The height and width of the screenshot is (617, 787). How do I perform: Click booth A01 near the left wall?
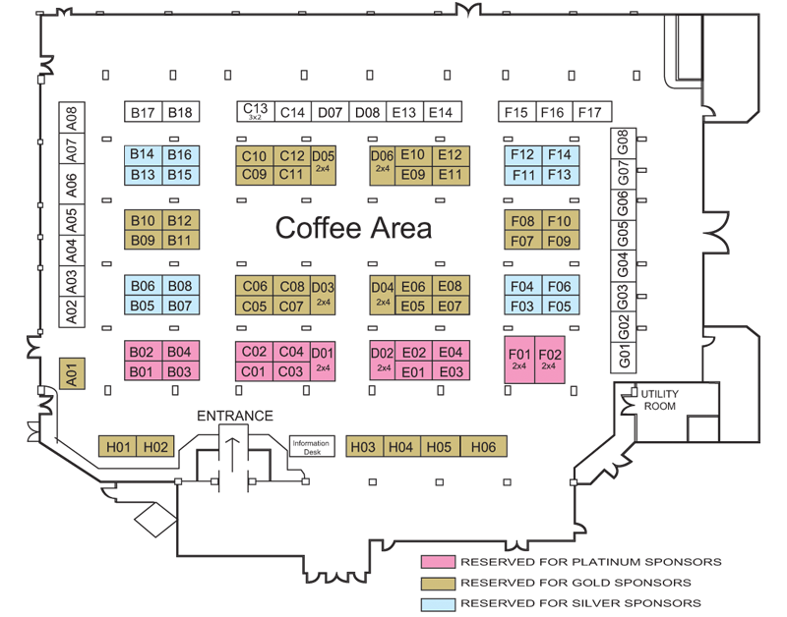pyautogui.click(x=72, y=373)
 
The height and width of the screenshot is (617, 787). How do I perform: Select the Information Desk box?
pyautogui.click(x=312, y=446)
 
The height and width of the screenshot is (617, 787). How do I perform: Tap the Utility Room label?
pyautogui.click(x=659, y=400)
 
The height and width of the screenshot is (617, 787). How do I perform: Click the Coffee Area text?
pyautogui.click(x=353, y=228)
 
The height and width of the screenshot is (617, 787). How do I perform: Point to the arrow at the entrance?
pyautogui.click(x=232, y=454)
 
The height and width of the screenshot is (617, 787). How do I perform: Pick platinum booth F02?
pyautogui.click(x=550, y=360)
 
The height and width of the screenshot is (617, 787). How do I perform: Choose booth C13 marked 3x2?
pyautogui.click(x=256, y=111)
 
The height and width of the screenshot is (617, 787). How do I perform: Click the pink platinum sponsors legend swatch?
pyautogui.click(x=438, y=562)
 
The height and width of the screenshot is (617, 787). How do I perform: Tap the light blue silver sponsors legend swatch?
pyautogui.click(x=438, y=603)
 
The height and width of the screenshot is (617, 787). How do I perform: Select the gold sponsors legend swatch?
pyautogui.click(x=438, y=583)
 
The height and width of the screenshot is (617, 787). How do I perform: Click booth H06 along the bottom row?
pyautogui.click(x=483, y=447)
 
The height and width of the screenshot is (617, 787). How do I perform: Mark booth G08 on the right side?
pyautogui.click(x=623, y=142)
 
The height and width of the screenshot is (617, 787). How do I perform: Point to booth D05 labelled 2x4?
pyautogui.click(x=324, y=165)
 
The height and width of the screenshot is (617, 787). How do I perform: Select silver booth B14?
pyautogui.click(x=143, y=155)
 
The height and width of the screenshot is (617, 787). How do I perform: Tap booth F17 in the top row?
pyautogui.click(x=592, y=112)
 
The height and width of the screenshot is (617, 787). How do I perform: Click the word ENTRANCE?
pyautogui.click(x=235, y=416)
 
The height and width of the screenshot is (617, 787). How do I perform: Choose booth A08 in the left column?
pyautogui.click(x=72, y=118)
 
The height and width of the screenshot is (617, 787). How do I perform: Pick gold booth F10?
pyautogui.click(x=561, y=220)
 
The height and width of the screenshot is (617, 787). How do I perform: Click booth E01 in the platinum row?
pyautogui.click(x=413, y=371)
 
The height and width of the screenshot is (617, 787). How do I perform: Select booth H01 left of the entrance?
pyautogui.click(x=117, y=446)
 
